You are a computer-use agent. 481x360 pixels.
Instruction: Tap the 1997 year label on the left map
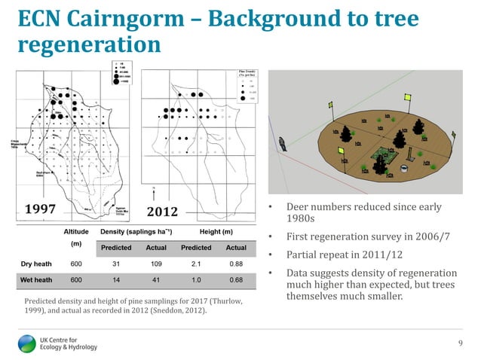tap(47, 208)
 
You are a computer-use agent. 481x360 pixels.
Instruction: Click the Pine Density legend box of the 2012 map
tap(238, 84)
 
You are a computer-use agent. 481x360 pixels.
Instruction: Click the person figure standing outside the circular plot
tap(282, 143)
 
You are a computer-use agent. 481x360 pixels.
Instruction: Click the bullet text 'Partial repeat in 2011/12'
tap(335, 255)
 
